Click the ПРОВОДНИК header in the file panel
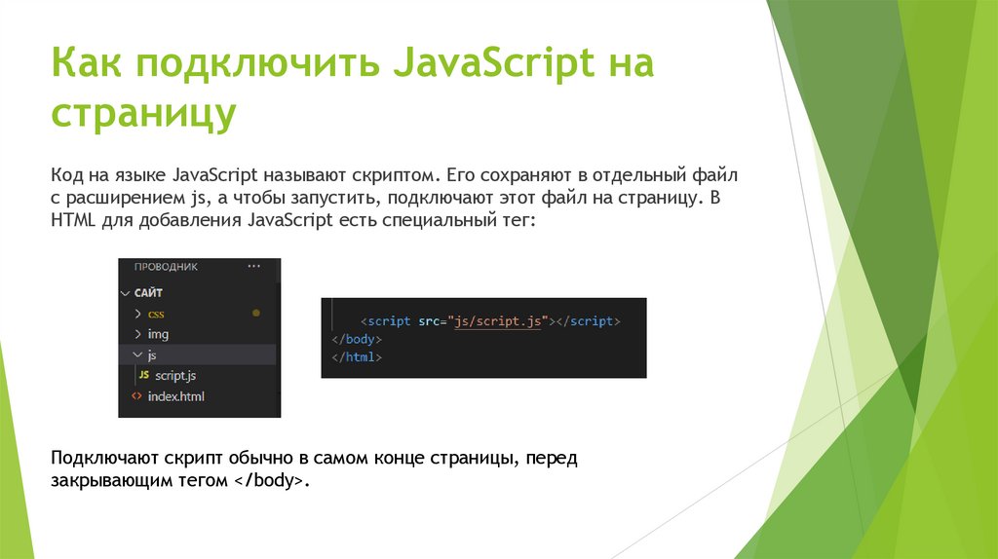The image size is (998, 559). tap(166, 266)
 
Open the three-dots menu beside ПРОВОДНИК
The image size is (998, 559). tap(255, 266)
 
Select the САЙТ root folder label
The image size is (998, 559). tap(148, 292)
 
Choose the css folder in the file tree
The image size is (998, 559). tap(156, 314)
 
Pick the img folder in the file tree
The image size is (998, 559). tap(158, 334)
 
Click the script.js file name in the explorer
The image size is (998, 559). tap(176, 376)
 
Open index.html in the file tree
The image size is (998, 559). tap(175, 396)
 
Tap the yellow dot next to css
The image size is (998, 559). tap(256, 314)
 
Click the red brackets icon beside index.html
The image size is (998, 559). tap(135, 396)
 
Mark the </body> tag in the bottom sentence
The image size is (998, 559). tap(269, 481)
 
